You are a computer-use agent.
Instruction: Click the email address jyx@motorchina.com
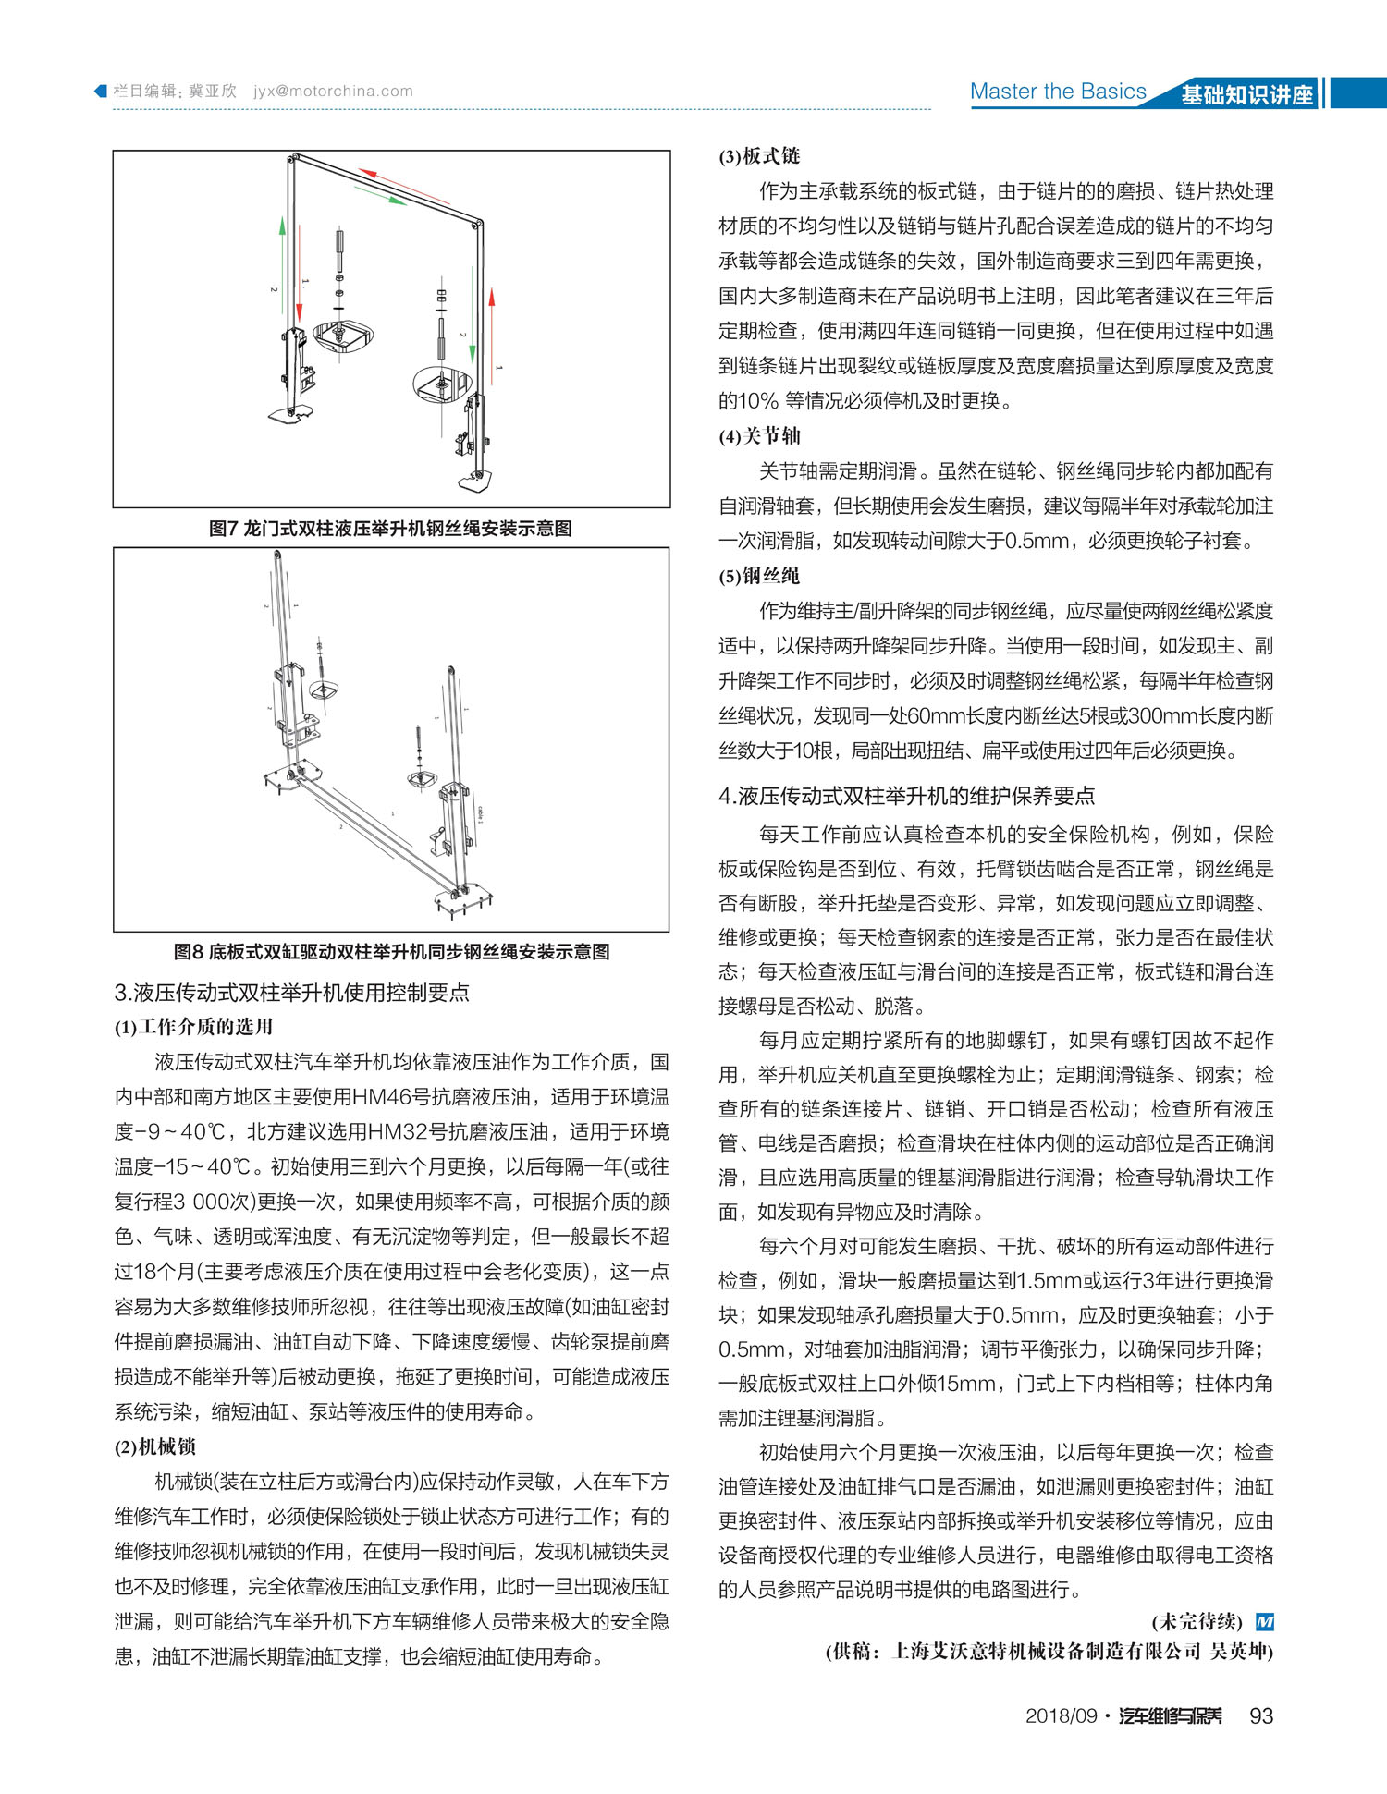click(x=333, y=92)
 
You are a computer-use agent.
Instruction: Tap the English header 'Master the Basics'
click(x=1058, y=92)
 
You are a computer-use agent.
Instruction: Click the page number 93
click(x=1261, y=1715)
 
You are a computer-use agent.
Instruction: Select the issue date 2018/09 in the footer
click(x=1061, y=1716)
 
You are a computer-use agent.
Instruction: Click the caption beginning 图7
click(x=390, y=529)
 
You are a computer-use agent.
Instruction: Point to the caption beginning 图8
click(x=391, y=951)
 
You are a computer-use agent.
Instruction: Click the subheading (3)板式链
click(x=759, y=156)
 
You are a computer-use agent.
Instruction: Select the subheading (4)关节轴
click(x=759, y=436)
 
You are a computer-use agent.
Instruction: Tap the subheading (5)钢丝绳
click(x=759, y=576)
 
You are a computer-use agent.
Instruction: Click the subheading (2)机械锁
click(x=155, y=1446)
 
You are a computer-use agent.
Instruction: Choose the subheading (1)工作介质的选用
click(x=193, y=1027)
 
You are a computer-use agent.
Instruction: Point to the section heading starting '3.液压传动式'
click(x=291, y=993)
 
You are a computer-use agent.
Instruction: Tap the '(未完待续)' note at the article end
click(x=1197, y=1621)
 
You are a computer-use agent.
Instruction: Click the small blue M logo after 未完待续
click(x=1265, y=1621)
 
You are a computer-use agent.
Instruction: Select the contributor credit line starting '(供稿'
click(x=1049, y=1651)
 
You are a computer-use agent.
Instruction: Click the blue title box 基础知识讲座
click(x=1246, y=94)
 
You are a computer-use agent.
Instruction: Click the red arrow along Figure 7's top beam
click(x=404, y=186)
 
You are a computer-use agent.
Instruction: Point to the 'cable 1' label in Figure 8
click(x=480, y=814)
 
